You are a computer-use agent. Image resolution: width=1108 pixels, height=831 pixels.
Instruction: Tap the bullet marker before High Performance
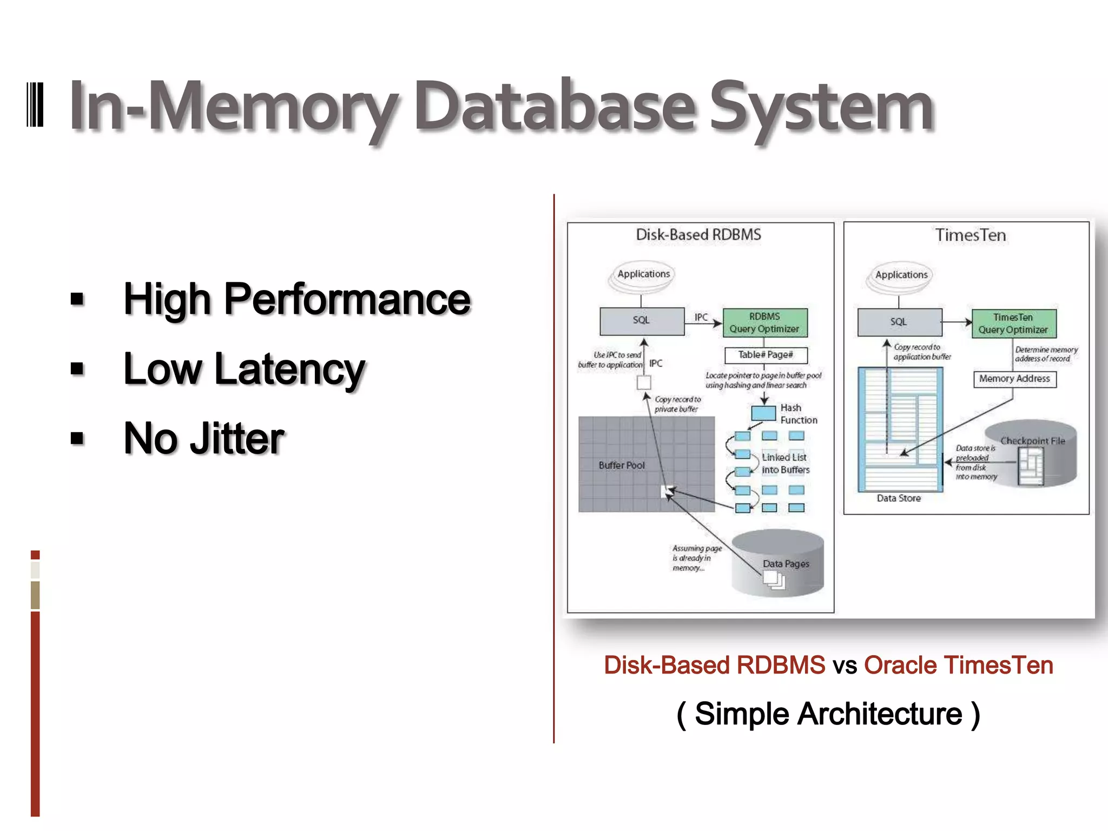tap(77, 299)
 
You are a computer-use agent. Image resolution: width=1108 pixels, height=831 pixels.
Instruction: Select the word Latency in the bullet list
tap(289, 369)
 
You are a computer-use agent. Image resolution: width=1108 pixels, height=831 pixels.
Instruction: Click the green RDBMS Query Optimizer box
tap(764, 322)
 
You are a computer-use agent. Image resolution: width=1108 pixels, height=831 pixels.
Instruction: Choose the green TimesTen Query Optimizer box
tap(1013, 324)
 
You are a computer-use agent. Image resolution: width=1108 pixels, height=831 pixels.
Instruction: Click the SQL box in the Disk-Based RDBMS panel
tap(642, 321)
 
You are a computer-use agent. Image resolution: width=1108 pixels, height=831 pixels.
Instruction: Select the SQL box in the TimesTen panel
tap(899, 322)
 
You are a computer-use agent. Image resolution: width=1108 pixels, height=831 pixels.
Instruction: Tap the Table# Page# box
tap(766, 355)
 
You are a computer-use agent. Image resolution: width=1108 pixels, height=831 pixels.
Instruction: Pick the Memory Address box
tap(1014, 379)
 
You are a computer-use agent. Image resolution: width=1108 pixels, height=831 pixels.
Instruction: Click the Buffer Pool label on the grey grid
tap(622, 465)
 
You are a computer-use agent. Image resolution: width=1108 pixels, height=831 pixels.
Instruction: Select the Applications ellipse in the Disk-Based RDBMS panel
tap(643, 274)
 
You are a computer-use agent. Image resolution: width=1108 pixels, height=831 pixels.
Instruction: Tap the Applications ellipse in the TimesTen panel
tap(901, 275)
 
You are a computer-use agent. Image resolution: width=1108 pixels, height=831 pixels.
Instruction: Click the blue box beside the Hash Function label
tap(763, 413)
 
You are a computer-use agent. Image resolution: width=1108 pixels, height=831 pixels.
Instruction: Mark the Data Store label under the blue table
tap(899, 498)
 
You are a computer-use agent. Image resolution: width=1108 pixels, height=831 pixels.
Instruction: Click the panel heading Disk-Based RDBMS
tap(698, 235)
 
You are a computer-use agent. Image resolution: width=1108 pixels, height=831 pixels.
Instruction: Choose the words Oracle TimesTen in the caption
tap(958, 665)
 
